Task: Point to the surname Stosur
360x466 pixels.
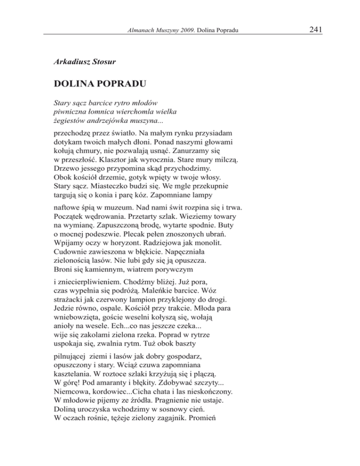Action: (105, 61)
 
